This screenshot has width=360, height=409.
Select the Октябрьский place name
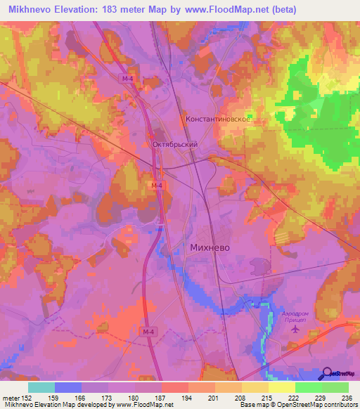click(175, 144)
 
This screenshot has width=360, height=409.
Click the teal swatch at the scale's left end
click(41, 387)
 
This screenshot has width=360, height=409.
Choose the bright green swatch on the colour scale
click(308, 387)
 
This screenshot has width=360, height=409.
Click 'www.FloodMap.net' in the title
click(217, 9)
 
